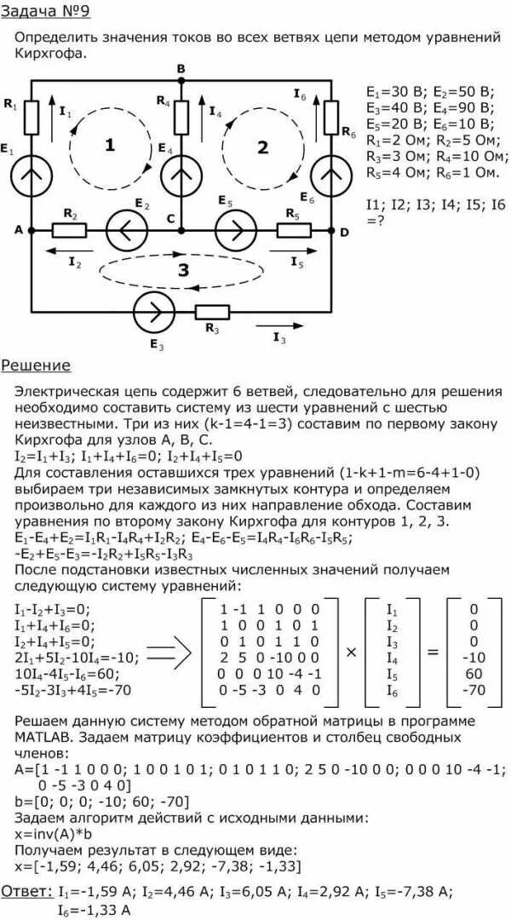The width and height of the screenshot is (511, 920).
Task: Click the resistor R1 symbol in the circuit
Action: pos(32,116)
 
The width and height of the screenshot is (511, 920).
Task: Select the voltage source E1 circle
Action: pos(32,175)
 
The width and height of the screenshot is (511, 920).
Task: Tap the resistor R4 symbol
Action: pos(181,116)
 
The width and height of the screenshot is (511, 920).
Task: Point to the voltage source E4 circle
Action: pos(181,175)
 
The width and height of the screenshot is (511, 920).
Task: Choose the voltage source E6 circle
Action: pos(330,175)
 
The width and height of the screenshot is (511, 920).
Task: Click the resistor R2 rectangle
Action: pos(69,230)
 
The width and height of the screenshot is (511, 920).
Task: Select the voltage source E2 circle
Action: pos(126,230)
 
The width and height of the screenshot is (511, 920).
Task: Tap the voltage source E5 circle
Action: pos(233,230)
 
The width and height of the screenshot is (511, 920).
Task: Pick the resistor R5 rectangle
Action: pos(294,230)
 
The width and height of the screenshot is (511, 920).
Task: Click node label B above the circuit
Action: pos(181,68)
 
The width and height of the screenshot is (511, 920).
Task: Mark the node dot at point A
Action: pos(32,230)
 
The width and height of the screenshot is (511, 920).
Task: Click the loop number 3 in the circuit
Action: pos(181,271)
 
